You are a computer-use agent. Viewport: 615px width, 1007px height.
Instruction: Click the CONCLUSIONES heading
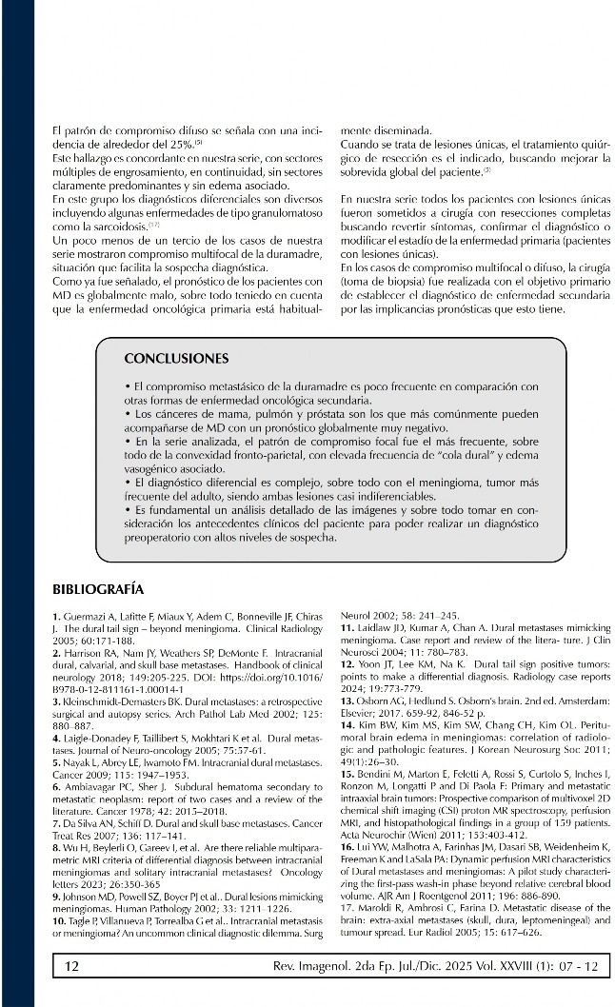176,359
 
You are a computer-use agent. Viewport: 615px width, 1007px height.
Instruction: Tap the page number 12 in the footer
71,967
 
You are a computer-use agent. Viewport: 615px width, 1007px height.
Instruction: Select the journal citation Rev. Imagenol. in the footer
327,967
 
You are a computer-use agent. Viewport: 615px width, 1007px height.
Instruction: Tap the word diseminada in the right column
401,131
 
